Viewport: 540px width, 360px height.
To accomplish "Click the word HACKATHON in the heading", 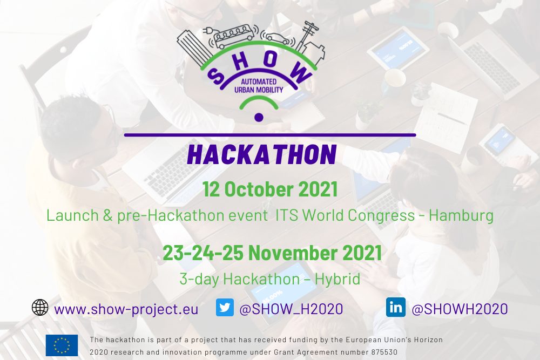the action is [262, 154].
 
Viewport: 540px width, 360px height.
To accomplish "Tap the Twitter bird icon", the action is [225, 307].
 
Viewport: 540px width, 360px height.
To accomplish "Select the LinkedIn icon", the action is [396, 307].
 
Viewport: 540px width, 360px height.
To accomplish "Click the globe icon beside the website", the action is [40, 307].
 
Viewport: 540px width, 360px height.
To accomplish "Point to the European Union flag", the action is [62, 345].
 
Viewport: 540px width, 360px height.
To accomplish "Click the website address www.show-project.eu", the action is [126, 309].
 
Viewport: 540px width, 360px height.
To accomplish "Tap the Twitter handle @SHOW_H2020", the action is [291, 309].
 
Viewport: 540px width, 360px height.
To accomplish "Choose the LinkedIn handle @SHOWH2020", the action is [460, 309].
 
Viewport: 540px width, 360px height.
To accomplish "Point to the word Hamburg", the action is [461, 216].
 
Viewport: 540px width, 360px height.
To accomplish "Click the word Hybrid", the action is [337, 279].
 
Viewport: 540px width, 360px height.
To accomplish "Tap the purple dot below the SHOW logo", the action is [259, 117].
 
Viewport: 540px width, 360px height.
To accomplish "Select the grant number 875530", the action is [384, 352].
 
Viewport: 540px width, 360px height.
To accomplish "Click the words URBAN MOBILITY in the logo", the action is [259, 90].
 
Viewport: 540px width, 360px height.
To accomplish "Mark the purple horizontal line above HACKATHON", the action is [269, 135].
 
